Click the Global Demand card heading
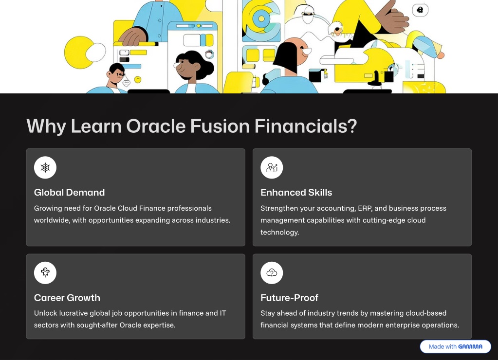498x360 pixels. point(69,192)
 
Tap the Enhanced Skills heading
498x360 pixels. point(296,192)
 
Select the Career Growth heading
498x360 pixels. point(67,298)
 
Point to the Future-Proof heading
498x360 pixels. point(289,298)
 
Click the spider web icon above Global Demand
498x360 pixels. point(45,167)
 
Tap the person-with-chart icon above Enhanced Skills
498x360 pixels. point(272,167)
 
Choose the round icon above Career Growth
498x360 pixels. point(45,273)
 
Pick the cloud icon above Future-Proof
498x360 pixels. point(272,273)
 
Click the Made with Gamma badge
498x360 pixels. point(456,346)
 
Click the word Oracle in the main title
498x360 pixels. point(156,126)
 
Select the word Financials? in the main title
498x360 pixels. point(306,126)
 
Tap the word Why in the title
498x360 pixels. point(46,126)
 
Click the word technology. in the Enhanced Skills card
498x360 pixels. point(280,233)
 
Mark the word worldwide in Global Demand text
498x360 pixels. point(52,220)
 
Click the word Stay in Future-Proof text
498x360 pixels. point(267,313)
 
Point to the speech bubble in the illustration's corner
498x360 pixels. point(420,10)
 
